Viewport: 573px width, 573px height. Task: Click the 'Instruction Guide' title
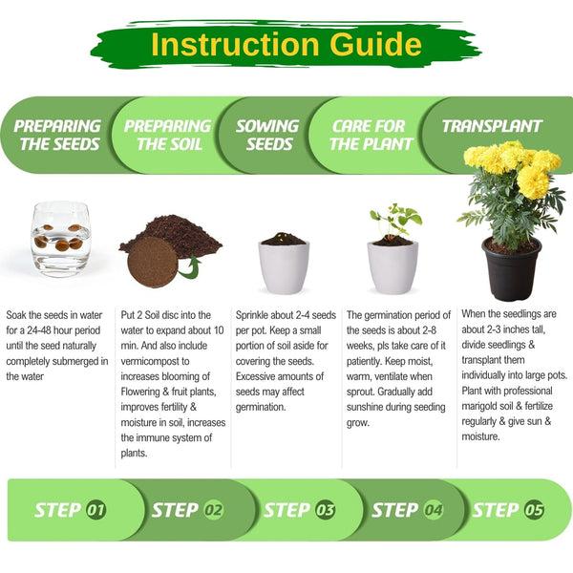pos(286,44)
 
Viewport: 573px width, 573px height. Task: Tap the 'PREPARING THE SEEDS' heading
pos(57,135)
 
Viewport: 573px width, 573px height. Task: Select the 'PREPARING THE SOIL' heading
pos(168,135)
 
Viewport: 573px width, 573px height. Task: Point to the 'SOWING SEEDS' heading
pos(267,135)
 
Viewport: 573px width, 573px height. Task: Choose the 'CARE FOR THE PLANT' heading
pos(371,135)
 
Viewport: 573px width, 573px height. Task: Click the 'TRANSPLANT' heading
pos(492,126)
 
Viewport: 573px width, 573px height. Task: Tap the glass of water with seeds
pos(61,240)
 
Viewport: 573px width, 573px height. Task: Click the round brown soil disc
pos(153,262)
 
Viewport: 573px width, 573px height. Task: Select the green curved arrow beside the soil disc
pos(191,268)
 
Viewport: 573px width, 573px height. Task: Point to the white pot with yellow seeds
pos(284,263)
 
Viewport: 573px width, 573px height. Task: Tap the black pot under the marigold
pos(512,268)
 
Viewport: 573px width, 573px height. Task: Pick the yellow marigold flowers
pos(512,166)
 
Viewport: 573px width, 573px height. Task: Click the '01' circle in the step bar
pos(96,510)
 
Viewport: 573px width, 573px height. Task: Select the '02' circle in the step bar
pos(213,510)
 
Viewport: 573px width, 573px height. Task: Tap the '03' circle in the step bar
pos(325,510)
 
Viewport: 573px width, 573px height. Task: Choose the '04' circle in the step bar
pos(433,510)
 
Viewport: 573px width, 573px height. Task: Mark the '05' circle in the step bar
pos(534,510)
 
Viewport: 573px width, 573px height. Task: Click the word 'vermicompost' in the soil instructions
pos(155,361)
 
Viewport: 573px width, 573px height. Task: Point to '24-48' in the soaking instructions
pos(40,330)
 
